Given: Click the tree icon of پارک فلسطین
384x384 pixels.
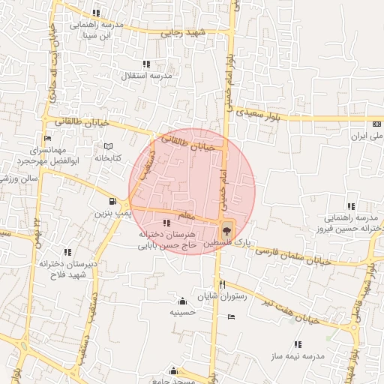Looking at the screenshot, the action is [x=226, y=229].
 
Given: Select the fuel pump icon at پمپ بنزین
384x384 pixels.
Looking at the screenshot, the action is [x=112, y=201].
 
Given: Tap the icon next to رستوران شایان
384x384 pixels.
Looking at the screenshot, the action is [x=231, y=316].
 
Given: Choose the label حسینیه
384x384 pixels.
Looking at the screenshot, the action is [x=183, y=311].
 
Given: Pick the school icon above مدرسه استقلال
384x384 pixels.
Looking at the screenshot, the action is [x=146, y=64].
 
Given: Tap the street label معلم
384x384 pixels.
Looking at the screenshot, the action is [x=186, y=216].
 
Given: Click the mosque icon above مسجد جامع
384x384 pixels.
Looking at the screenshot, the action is [x=174, y=370].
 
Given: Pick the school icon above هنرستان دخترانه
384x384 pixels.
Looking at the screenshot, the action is [x=166, y=223].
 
